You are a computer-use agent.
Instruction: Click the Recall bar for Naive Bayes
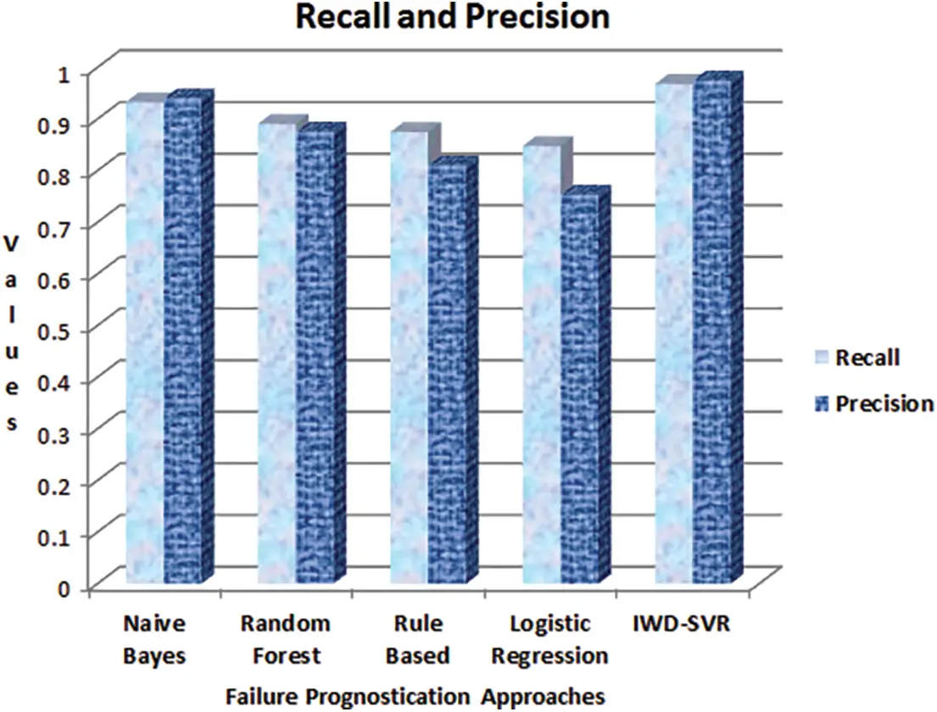coord(145,342)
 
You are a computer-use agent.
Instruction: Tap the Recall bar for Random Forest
coord(277,353)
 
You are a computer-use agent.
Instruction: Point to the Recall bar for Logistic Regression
coord(542,364)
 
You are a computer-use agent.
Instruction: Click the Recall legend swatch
coord(823,358)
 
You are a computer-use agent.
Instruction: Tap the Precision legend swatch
coord(823,404)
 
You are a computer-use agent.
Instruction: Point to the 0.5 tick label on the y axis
coord(54,331)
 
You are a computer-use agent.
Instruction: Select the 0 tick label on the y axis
coord(64,588)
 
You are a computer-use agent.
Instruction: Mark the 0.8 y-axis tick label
coord(54,175)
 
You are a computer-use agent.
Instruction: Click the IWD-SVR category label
coord(682,624)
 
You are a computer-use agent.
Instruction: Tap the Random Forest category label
coord(286,640)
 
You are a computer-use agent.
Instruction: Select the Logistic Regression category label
coord(549,640)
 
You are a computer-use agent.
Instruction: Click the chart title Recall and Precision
coord(452,16)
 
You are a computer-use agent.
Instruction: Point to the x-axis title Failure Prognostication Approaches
coord(416,697)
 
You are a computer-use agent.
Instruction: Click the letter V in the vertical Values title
coord(11,244)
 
